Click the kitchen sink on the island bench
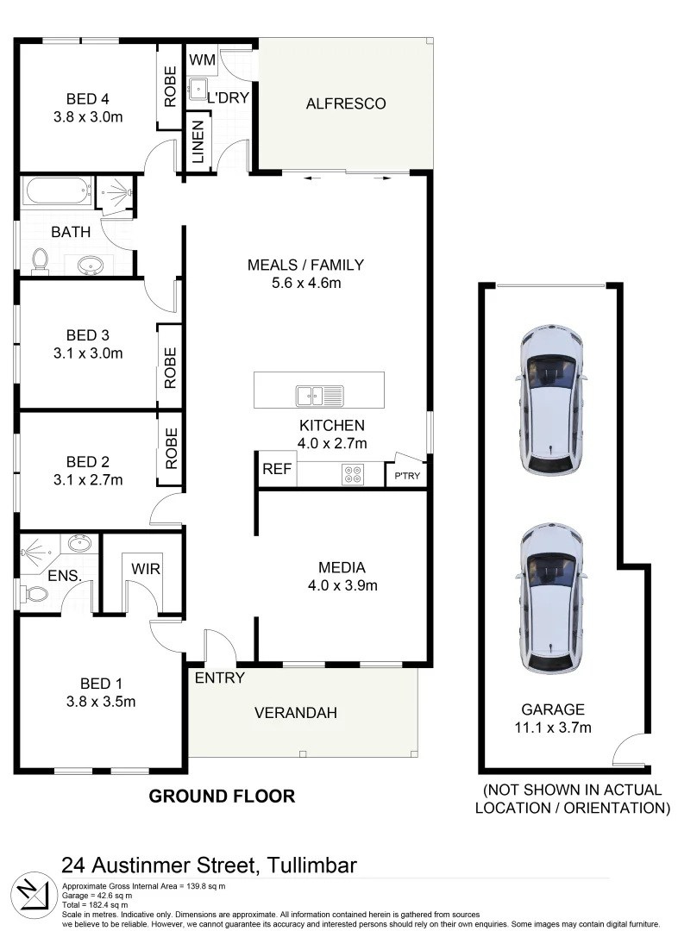(319, 395)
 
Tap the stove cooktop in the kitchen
(353, 474)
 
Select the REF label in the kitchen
(276, 470)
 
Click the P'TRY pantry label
(406, 477)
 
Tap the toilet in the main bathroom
(39, 259)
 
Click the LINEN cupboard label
(198, 142)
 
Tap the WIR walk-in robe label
(146, 570)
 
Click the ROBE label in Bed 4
(170, 86)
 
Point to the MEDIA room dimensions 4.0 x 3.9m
(342, 586)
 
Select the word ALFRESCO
(346, 103)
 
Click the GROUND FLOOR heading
(222, 797)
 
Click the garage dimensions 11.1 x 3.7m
(552, 728)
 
